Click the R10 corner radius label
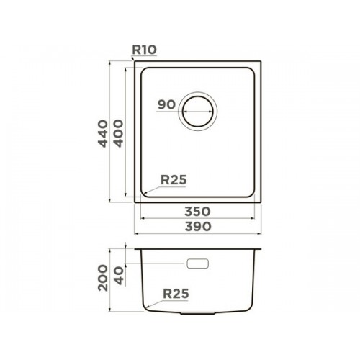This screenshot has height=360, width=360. click(x=145, y=50)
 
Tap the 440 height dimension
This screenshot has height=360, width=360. click(x=103, y=134)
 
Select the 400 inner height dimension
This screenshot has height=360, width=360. click(x=118, y=133)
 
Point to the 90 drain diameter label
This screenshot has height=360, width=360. click(x=166, y=104)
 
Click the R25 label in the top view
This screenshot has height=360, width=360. click(x=174, y=179)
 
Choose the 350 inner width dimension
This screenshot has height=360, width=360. click(x=197, y=212)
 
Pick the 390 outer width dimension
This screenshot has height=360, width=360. click(x=198, y=226)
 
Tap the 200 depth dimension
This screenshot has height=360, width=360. click(x=103, y=278)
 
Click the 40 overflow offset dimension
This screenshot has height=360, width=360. click(x=120, y=276)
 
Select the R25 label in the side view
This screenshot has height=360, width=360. click(x=176, y=294)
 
